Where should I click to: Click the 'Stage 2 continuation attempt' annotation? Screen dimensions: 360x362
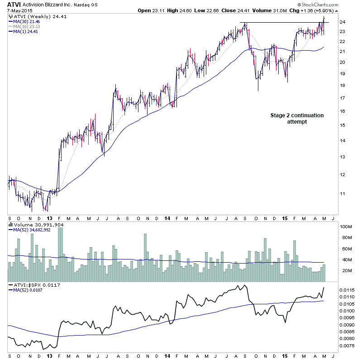pos(297,119)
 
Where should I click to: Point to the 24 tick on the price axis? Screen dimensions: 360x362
pos(343,22)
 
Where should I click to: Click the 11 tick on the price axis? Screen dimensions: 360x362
pos(343,194)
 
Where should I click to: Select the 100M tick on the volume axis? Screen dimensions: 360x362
pos(346,227)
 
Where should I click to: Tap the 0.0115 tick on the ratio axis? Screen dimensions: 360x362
pos(348,289)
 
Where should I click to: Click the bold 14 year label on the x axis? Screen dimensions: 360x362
pos(167,217)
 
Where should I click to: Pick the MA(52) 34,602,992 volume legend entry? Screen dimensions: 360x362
pos(31,230)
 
